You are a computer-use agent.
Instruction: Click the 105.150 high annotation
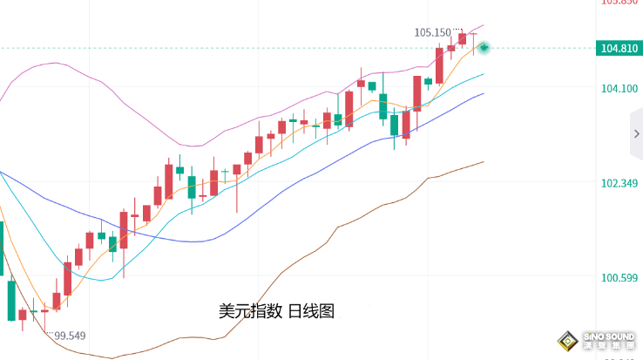(x=433, y=33)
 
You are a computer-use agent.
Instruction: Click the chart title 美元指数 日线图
(x=276, y=310)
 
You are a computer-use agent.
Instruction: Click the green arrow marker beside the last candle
(x=484, y=47)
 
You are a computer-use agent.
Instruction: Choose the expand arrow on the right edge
(x=637, y=134)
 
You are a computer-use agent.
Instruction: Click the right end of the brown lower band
(x=483, y=161)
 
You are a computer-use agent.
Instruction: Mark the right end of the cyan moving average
(x=483, y=75)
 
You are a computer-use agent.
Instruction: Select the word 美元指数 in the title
(x=249, y=310)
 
